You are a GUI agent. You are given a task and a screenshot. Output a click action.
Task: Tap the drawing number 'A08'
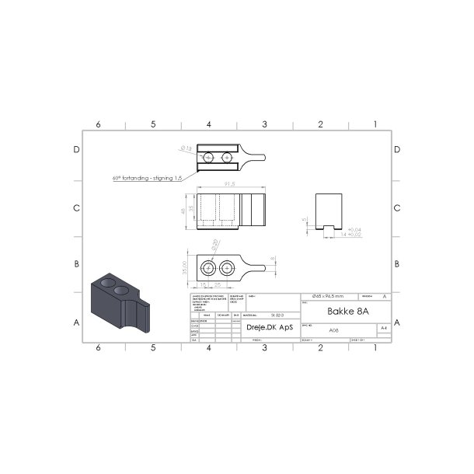click(x=334, y=330)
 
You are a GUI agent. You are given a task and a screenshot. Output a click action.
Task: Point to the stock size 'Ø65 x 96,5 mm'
click(x=327, y=297)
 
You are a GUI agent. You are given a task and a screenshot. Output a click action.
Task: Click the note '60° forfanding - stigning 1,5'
click(x=147, y=178)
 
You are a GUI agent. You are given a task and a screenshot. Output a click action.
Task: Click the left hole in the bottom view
click(x=209, y=268)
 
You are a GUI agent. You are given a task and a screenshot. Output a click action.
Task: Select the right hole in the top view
click(x=227, y=158)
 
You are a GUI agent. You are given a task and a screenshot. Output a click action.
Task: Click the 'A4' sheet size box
click(x=382, y=329)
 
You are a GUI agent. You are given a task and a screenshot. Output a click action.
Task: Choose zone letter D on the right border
click(x=397, y=150)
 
